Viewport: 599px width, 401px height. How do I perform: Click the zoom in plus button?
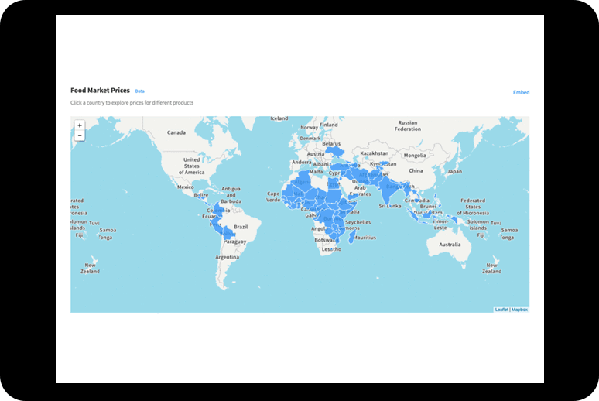point(80,125)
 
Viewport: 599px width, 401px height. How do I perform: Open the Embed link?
point(521,92)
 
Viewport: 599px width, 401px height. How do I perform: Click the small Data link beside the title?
point(139,91)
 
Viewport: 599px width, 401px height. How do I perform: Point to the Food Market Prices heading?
point(100,91)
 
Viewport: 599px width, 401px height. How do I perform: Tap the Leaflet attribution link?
point(501,309)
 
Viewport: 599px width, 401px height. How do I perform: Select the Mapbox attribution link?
point(519,309)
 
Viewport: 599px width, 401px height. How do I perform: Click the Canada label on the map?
point(176,132)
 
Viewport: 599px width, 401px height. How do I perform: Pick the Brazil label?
point(241,227)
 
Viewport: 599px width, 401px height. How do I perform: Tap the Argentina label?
point(228,257)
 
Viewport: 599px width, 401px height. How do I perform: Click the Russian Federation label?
point(407,125)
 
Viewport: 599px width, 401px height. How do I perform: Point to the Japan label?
point(454,171)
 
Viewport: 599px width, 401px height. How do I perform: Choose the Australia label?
point(450,245)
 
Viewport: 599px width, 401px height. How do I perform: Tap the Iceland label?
point(279,118)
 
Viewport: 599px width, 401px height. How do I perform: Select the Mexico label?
point(185,187)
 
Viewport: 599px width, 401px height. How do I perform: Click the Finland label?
point(329,124)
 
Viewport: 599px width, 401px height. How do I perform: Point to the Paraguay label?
point(234,242)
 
